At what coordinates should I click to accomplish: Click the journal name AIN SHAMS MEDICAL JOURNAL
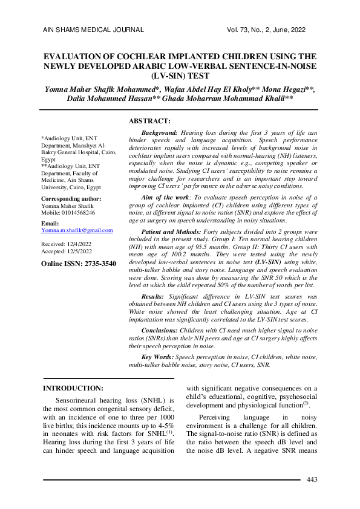(x=93, y=29)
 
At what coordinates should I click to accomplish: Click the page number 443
(x=312, y=480)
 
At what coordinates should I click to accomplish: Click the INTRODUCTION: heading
(x=74, y=387)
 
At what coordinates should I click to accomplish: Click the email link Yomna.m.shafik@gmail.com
(x=77, y=230)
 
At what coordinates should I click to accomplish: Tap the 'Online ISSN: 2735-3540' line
(x=78, y=264)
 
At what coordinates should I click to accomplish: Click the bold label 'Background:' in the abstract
(x=159, y=131)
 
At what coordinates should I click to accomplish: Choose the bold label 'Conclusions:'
(x=159, y=331)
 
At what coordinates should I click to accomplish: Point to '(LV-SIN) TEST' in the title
(x=180, y=76)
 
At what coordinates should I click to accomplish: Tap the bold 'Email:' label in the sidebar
(x=50, y=223)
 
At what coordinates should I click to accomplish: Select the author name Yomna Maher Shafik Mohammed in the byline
(x=100, y=89)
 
